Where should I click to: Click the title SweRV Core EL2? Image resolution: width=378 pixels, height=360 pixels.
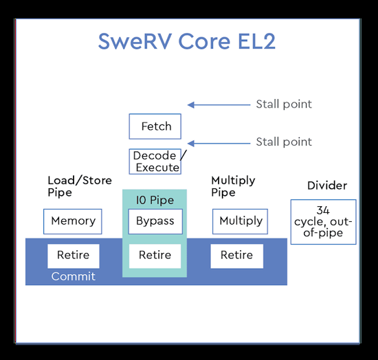click(187, 41)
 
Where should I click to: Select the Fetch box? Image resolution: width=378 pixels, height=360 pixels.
click(155, 126)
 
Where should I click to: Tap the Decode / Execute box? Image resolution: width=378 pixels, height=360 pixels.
click(157, 161)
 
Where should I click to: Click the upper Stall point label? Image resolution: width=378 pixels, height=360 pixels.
click(283, 104)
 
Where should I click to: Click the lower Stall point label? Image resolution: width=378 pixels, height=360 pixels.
click(283, 142)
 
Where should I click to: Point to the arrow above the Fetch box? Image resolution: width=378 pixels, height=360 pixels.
click(220, 104)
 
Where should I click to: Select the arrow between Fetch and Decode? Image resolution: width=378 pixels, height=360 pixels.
click(220, 143)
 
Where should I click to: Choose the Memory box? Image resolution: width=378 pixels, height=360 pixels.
click(73, 221)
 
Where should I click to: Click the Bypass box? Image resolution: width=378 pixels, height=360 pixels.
click(155, 221)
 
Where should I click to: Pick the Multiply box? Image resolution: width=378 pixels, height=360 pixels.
click(241, 221)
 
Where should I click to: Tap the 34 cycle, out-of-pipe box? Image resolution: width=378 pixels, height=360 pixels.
click(323, 221)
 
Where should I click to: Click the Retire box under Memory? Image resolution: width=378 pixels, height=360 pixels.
click(73, 256)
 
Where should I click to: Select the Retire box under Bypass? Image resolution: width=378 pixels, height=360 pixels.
click(155, 256)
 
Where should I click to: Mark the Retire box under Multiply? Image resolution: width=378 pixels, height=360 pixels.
click(236, 256)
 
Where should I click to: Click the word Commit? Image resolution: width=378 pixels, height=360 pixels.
click(73, 277)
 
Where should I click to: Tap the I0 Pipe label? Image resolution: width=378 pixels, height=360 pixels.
click(155, 201)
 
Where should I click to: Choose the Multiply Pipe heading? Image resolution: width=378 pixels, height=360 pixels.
click(233, 186)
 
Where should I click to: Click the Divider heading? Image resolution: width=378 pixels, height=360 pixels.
click(326, 185)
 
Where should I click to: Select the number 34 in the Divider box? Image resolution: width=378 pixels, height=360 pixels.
click(323, 210)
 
